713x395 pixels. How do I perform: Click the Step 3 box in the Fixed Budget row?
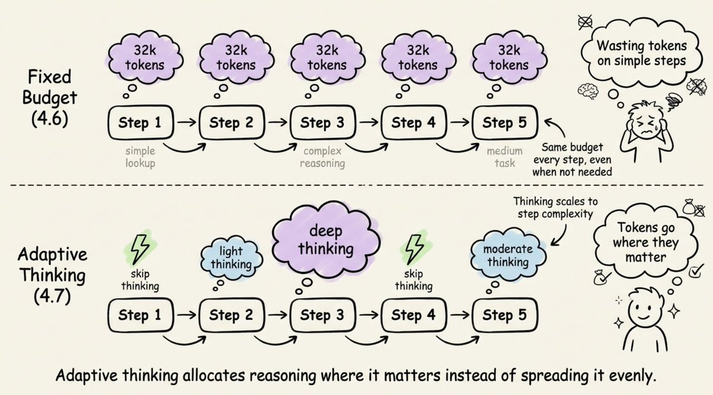click(x=323, y=124)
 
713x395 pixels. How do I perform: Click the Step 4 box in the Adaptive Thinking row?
click(x=415, y=315)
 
